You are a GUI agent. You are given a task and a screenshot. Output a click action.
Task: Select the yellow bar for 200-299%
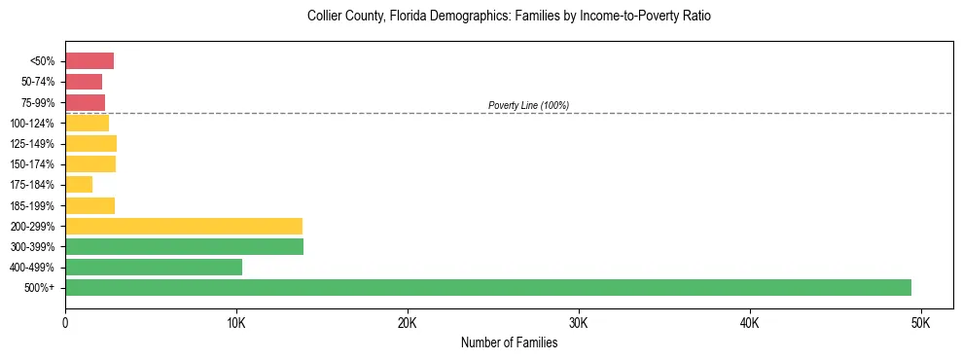click(x=184, y=226)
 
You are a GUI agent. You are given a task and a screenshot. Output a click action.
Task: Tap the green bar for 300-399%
click(x=184, y=246)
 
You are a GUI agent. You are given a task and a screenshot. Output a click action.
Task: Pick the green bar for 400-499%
click(x=154, y=267)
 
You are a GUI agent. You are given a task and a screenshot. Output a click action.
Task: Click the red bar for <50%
click(x=89, y=61)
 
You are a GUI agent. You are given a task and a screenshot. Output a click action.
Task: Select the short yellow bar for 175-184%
click(x=79, y=185)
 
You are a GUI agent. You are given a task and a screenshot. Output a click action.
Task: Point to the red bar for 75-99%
click(x=85, y=102)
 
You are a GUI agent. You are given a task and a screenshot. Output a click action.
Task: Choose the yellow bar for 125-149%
click(x=90, y=143)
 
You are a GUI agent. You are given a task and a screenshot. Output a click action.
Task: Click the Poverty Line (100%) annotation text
click(x=528, y=105)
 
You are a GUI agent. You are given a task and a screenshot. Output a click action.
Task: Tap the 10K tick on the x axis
click(x=236, y=322)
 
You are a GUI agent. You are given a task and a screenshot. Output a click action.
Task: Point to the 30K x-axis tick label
click(x=579, y=322)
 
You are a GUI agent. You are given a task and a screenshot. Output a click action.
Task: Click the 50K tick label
click(x=920, y=322)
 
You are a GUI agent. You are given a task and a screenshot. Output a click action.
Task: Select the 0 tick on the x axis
click(x=65, y=322)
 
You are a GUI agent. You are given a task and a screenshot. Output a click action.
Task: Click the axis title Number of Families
click(x=509, y=342)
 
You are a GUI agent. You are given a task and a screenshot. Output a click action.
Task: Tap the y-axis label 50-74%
click(x=38, y=82)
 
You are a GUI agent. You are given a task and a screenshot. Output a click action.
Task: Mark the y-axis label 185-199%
click(x=33, y=205)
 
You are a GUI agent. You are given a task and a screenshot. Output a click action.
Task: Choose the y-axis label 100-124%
click(x=33, y=123)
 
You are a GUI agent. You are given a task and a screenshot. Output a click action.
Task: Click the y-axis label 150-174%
click(x=33, y=164)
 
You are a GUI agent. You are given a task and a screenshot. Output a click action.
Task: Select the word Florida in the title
click(x=398, y=17)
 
